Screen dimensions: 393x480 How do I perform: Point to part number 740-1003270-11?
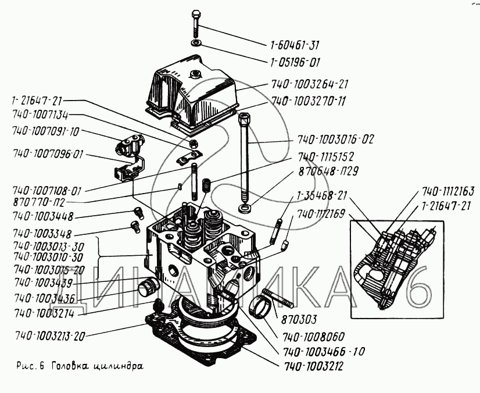pos(308,101)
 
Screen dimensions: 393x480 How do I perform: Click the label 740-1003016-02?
pos(335,140)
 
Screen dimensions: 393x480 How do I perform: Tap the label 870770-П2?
pos(38,202)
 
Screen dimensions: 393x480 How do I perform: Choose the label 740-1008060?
pos(314,335)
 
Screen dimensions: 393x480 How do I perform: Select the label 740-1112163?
pos(448,191)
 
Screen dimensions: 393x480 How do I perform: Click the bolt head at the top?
pos(195,13)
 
